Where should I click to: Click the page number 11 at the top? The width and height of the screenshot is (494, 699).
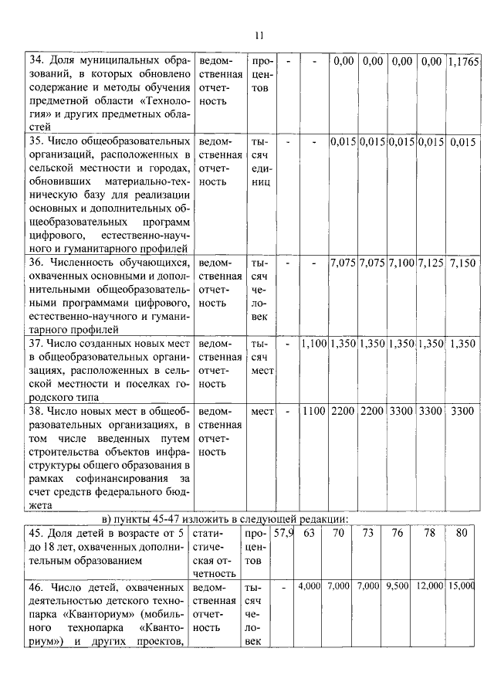tap(259, 35)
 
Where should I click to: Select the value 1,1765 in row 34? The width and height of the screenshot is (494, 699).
tap(462, 61)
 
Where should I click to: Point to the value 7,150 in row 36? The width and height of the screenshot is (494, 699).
tap(462, 264)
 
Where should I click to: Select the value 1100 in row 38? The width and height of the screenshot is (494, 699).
tap(314, 411)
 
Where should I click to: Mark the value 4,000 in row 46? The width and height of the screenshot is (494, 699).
tap(310, 588)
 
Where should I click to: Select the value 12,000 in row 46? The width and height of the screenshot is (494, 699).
tap(431, 588)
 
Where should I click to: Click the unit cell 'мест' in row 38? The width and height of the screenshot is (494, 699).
tap(262, 411)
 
